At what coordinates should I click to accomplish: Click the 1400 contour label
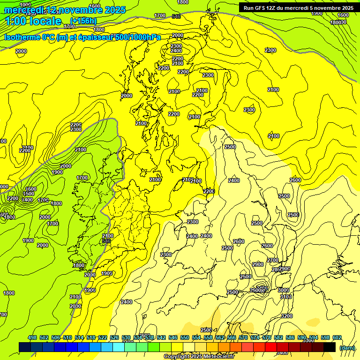coord(28,200)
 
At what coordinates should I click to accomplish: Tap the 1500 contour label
coord(29,194)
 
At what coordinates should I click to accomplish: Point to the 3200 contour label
coord(287,316)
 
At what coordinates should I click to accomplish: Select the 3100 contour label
coord(285,297)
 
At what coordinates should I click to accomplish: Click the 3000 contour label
coord(283,290)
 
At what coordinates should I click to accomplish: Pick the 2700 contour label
coord(273,261)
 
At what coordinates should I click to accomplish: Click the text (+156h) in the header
coord(84,21)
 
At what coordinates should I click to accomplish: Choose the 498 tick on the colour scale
coord(32,337)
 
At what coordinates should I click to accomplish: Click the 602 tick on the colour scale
coord(337,337)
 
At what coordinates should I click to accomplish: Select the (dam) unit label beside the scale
coord(347,348)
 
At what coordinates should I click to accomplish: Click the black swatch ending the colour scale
coord(330,347)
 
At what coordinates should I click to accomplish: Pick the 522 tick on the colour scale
coord(103,337)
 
